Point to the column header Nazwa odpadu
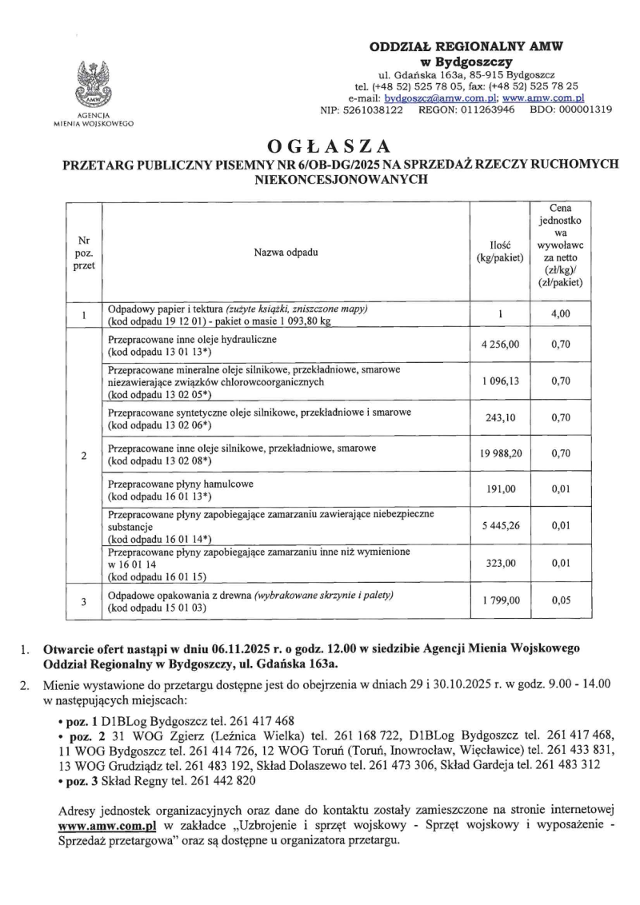click(x=286, y=253)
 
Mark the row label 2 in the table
click(x=84, y=456)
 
